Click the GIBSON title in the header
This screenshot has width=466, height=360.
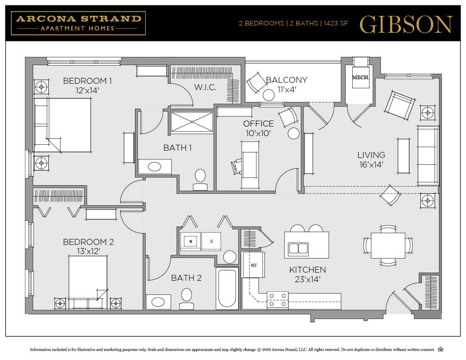(x=406, y=24)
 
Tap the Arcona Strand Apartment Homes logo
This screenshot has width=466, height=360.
(x=79, y=23)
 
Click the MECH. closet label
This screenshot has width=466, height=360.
(x=360, y=78)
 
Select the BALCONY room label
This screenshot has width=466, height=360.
(x=287, y=80)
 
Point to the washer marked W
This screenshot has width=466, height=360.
(x=191, y=241)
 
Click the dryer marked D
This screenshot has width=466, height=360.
(x=211, y=241)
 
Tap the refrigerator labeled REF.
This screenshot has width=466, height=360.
(x=253, y=264)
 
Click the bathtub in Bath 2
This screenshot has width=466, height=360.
(x=227, y=288)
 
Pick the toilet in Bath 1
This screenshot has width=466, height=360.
(x=201, y=179)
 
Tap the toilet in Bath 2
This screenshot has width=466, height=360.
(x=187, y=296)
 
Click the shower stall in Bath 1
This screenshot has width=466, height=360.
(x=192, y=122)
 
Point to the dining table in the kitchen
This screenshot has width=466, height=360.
(x=388, y=246)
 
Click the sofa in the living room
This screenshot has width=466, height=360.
(x=428, y=156)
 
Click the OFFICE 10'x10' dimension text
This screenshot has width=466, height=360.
(x=258, y=133)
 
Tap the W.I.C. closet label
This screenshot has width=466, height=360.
(x=205, y=87)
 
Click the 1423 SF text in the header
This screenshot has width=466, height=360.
(x=336, y=24)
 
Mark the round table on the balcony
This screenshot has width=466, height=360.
(x=269, y=95)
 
